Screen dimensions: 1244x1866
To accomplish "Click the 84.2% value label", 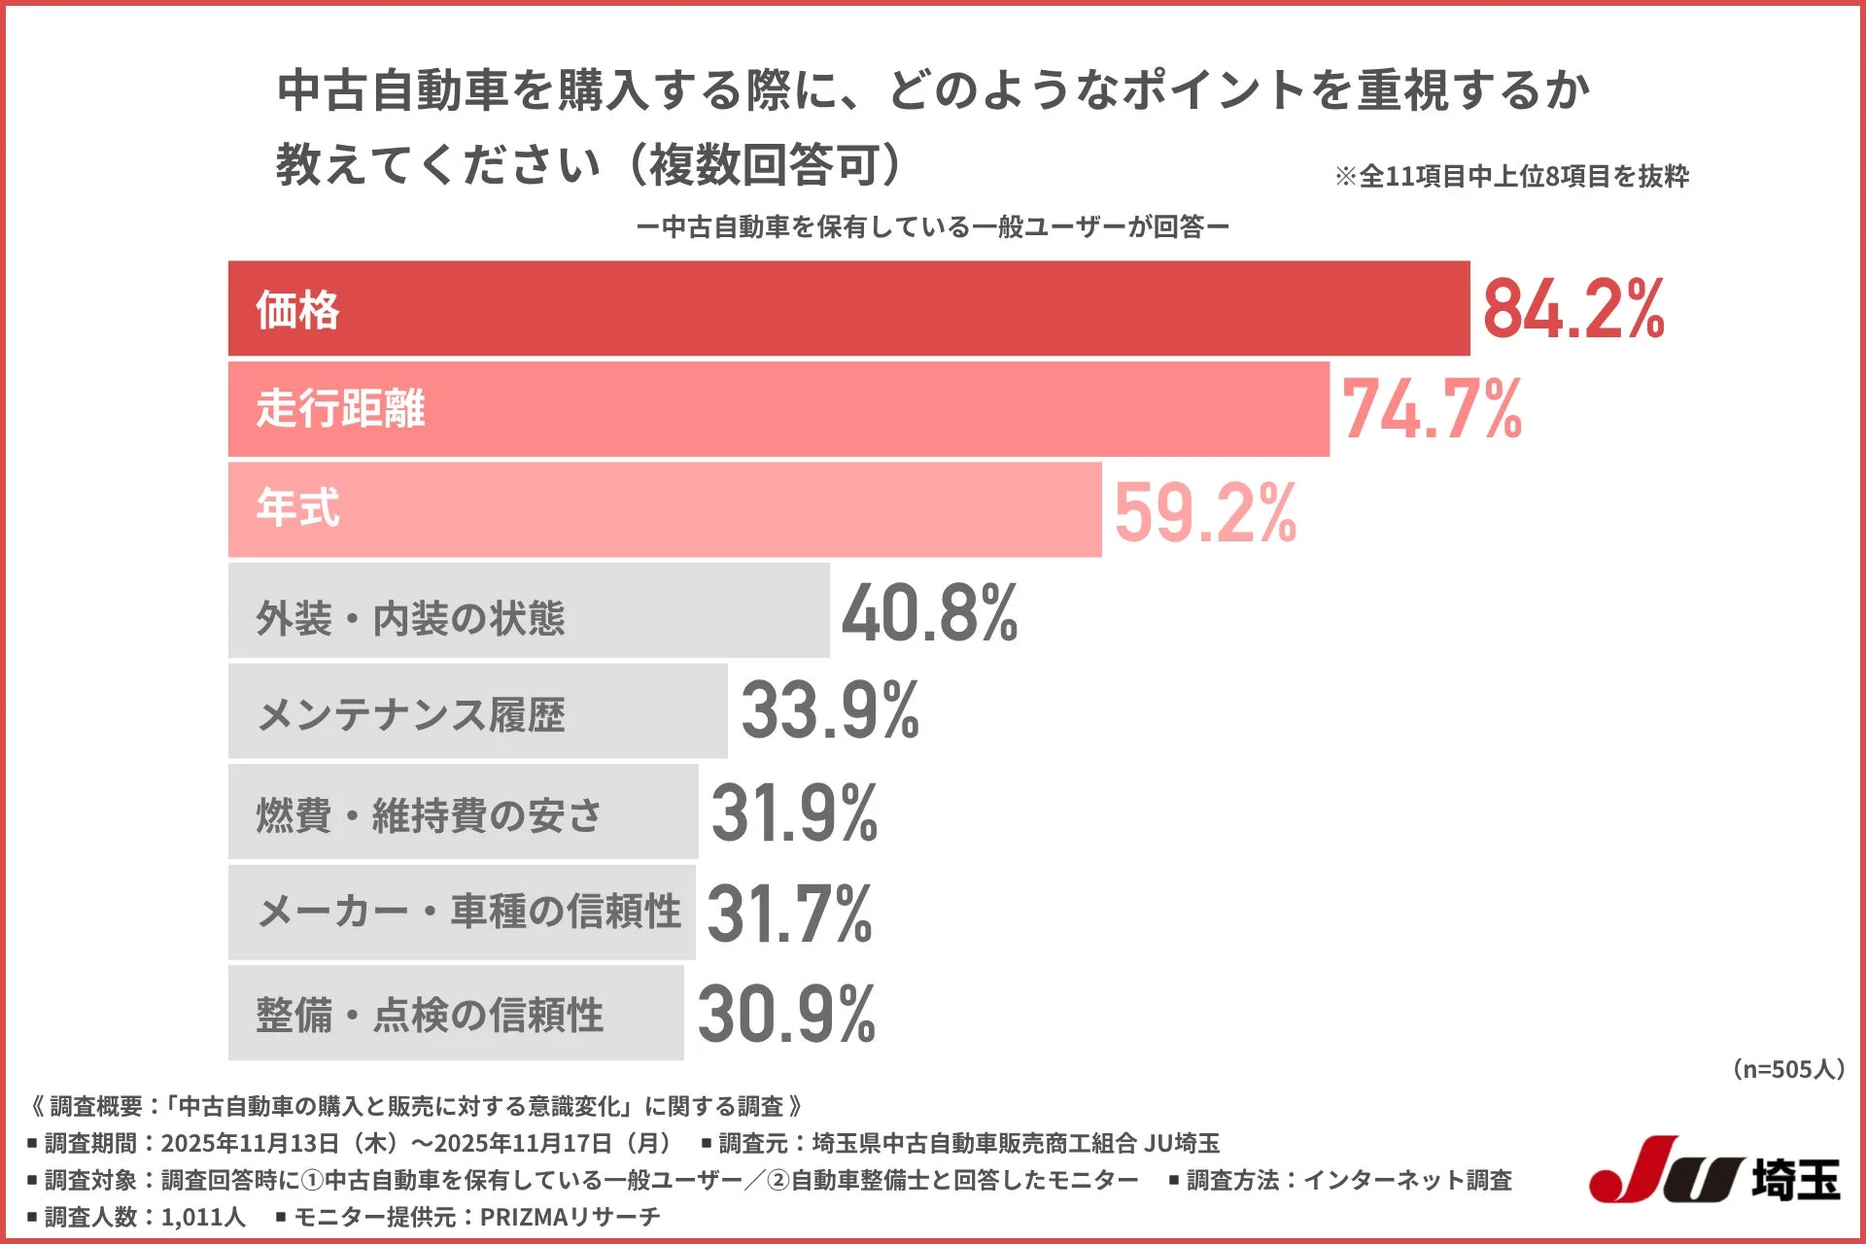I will [x=1573, y=309].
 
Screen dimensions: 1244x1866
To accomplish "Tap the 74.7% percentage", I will [x=1432, y=409].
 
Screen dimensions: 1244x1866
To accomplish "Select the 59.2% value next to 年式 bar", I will [x=1205, y=512].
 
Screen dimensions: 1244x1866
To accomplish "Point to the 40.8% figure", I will [x=930, y=613].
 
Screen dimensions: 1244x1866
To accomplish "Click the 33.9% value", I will [x=830, y=710].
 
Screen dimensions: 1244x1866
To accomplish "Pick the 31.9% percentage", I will [x=794, y=812].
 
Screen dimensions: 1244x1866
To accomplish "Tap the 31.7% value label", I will [x=789, y=914].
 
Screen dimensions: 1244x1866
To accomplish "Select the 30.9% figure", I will [x=786, y=1014].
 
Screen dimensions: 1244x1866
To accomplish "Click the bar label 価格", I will [x=297, y=310].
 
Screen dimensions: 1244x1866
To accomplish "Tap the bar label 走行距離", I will [x=340, y=409].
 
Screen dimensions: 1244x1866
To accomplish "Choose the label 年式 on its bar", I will [x=297, y=508].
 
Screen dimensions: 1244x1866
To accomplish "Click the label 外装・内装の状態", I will [x=409, y=618].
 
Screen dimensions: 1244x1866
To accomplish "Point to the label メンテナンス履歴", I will [x=410, y=715].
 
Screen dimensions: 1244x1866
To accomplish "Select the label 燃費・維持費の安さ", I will [x=429, y=815].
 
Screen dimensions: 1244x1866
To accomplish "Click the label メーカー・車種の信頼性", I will [x=468, y=912].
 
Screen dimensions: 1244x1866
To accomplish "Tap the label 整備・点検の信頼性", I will [x=429, y=1015].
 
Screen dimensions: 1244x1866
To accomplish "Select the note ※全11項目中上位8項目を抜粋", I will [x=1511, y=176].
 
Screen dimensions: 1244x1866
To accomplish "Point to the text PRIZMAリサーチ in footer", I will [x=570, y=1217].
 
